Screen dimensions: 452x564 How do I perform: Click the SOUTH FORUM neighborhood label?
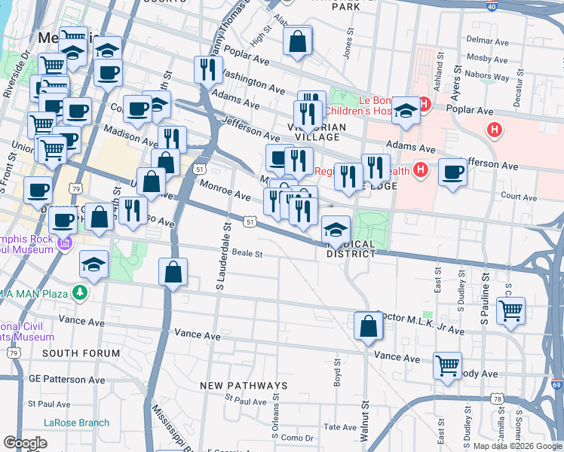[81, 353]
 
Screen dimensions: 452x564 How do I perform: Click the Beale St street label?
[247, 253]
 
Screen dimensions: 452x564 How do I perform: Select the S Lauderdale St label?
[223, 255]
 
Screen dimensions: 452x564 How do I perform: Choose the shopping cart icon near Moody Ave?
[447, 366]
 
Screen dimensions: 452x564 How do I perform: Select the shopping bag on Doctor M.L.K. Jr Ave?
[368, 326]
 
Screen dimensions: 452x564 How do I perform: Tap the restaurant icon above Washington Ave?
[207, 70]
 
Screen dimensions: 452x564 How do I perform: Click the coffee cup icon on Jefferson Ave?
[453, 172]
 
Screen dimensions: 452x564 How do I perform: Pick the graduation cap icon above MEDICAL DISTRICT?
[335, 230]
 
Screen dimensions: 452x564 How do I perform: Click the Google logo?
[25, 443]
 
